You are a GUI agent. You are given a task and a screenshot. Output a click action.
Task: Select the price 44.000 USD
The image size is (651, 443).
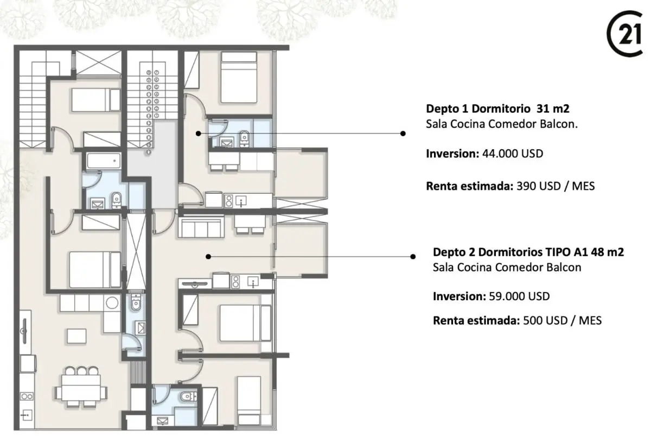(x=513, y=154)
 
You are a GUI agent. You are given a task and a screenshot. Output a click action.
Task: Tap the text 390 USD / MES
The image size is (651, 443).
(x=556, y=186)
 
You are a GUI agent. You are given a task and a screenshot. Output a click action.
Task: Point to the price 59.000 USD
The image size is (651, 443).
(x=519, y=296)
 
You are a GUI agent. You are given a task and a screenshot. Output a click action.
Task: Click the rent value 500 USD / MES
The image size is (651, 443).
(x=563, y=320)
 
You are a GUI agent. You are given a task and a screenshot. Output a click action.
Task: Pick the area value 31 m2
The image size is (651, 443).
(x=553, y=109)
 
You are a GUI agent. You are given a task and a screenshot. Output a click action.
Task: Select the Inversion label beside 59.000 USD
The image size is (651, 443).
(x=459, y=296)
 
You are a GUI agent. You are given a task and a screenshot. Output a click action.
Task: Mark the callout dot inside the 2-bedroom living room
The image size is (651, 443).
(x=208, y=257)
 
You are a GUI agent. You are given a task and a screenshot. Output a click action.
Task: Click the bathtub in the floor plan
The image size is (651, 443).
(x=104, y=161)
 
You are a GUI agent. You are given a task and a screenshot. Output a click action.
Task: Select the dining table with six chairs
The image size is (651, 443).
(x=81, y=387)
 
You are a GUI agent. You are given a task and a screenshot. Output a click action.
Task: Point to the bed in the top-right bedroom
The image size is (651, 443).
(x=239, y=77)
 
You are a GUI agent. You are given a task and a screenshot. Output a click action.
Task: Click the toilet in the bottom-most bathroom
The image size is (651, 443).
(x=188, y=396)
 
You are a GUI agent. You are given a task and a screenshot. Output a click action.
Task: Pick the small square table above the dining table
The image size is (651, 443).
(x=76, y=336)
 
